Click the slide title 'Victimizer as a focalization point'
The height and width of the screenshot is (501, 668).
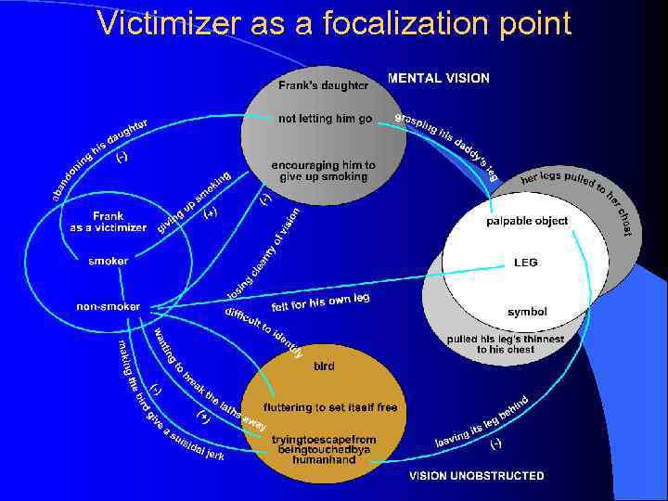pos(334,23)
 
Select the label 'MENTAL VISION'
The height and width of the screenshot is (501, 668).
pos(439,79)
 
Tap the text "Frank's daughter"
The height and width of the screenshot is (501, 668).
pos(323,86)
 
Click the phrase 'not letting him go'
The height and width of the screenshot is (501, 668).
pos(325,119)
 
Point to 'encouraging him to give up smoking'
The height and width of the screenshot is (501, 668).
pos(323,171)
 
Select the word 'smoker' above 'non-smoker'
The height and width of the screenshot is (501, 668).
pos(109,262)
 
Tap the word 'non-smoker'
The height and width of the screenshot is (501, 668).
pos(109,306)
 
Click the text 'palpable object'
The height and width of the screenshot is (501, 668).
pos(527,222)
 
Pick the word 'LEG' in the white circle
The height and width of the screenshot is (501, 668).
pos(525,263)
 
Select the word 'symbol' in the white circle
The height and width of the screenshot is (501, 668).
pos(527,312)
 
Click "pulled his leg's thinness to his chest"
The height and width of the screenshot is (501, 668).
pos(506,344)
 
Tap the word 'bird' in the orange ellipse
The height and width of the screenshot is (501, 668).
pos(325,366)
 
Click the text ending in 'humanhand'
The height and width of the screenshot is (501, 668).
pos(324,449)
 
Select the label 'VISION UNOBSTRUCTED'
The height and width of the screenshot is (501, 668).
pos(477,476)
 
